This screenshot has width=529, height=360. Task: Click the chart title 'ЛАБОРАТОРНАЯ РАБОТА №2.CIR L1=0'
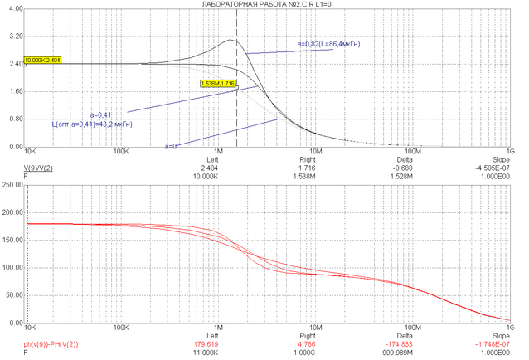tap(264, 4)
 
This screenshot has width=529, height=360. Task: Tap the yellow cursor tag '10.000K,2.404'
tap(43, 61)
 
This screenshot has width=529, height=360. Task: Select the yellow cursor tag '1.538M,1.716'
tap(218, 84)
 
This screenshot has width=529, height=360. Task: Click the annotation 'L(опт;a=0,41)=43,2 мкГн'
tap(93, 124)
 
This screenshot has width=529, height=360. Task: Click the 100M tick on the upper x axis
tap(413, 153)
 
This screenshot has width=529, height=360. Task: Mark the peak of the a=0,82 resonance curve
tap(232, 40)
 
